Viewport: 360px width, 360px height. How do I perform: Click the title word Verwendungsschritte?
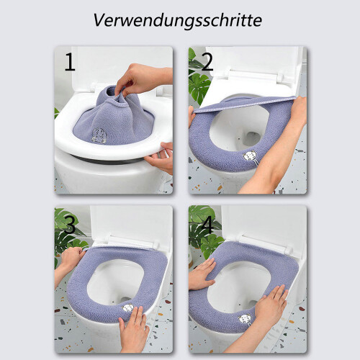click(177, 20)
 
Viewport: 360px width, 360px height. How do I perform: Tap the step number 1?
click(70, 62)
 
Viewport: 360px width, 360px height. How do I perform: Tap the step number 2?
click(207, 62)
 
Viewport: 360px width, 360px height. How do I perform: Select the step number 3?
click(70, 225)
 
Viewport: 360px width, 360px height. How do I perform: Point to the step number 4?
click(207, 225)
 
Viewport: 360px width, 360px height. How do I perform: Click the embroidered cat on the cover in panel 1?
click(99, 135)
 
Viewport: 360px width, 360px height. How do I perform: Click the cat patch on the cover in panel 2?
click(248, 156)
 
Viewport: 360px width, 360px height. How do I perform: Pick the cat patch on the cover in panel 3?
click(127, 307)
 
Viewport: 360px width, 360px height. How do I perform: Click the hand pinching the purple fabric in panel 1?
click(142, 78)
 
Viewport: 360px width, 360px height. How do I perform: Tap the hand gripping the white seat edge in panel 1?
click(161, 157)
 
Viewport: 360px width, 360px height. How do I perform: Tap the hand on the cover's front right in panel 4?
click(271, 302)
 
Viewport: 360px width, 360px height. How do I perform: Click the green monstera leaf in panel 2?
click(199, 86)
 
